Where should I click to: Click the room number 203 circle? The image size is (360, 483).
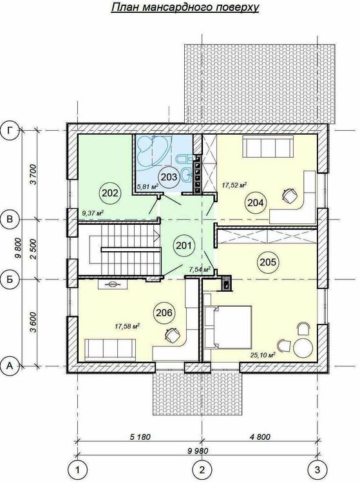point(169,177)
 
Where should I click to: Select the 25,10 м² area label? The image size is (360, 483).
point(263,355)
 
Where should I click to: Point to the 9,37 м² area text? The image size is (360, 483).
point(92,213)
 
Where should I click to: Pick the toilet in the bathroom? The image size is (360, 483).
point(184,159)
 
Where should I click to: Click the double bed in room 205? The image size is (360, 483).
point(227,327)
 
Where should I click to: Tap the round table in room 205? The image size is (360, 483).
point(303,348)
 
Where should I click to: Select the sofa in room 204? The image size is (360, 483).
point(267,147)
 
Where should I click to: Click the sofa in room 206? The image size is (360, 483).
point(110,349)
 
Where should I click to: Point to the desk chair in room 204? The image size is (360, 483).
point(289,196)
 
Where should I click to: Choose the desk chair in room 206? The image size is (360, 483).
point(172,335)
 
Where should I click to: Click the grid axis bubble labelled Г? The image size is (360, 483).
point(10,131)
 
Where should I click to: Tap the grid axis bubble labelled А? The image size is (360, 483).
point(10,366)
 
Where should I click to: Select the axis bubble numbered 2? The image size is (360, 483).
point(202,470)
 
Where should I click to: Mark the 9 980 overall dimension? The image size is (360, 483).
point(197,451)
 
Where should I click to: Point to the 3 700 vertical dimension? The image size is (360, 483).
point(33,175)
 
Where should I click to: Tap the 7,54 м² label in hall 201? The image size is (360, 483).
point(200,270)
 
